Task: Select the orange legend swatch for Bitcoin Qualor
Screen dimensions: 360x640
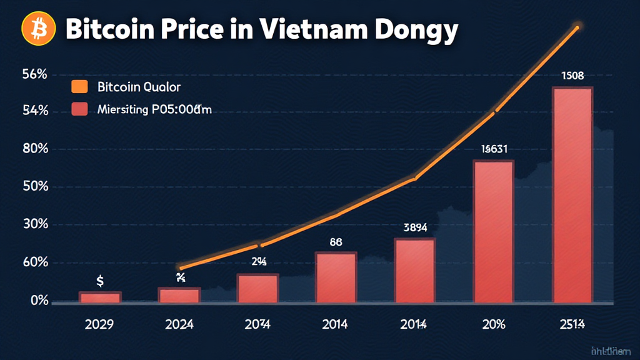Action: tap(79, 86)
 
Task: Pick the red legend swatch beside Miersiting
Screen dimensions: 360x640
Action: tap(79, 110)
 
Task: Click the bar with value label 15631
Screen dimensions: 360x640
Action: tap(493, 232)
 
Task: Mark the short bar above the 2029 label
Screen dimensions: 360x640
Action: tap(100, 297)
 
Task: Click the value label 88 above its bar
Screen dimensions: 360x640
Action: tap(335, 242)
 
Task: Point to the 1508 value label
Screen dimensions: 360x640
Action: tap(572, 76)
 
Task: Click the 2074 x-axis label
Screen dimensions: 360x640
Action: tap(257, 324)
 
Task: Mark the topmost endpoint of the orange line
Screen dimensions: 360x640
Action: tap(577, 27)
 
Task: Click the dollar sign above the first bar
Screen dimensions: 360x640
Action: tap(100, 282)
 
